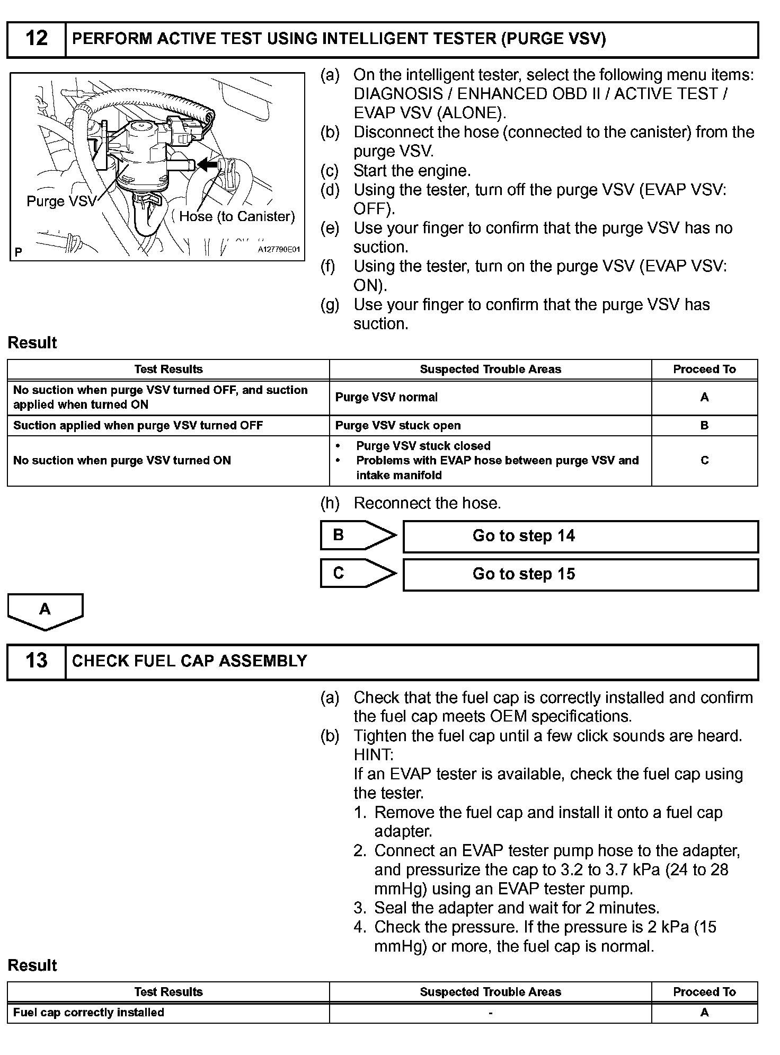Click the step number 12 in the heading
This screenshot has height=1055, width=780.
pos(36,39)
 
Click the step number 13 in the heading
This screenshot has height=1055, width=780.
pos(36,661)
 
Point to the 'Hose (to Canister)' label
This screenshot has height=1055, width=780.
pos(236,216)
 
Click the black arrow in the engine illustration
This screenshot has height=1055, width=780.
pos(208,165)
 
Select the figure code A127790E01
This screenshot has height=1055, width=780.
pos(279,249)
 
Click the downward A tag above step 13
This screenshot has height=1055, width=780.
pos(45,610)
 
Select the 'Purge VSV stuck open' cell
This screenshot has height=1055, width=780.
pos(398,426)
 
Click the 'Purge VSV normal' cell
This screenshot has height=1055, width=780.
pos(386,398)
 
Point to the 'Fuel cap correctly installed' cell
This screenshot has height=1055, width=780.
pos(88,1013)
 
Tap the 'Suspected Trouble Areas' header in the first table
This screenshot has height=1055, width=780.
pos(490,370)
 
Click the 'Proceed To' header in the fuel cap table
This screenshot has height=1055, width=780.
pos(704,992)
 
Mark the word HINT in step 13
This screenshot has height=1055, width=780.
pos(373,755)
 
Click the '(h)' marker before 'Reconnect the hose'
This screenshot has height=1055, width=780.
pos(330,503)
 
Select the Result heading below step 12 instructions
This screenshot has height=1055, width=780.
pos(32,343)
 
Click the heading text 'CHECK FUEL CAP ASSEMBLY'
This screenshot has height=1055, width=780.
pos(189,661)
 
